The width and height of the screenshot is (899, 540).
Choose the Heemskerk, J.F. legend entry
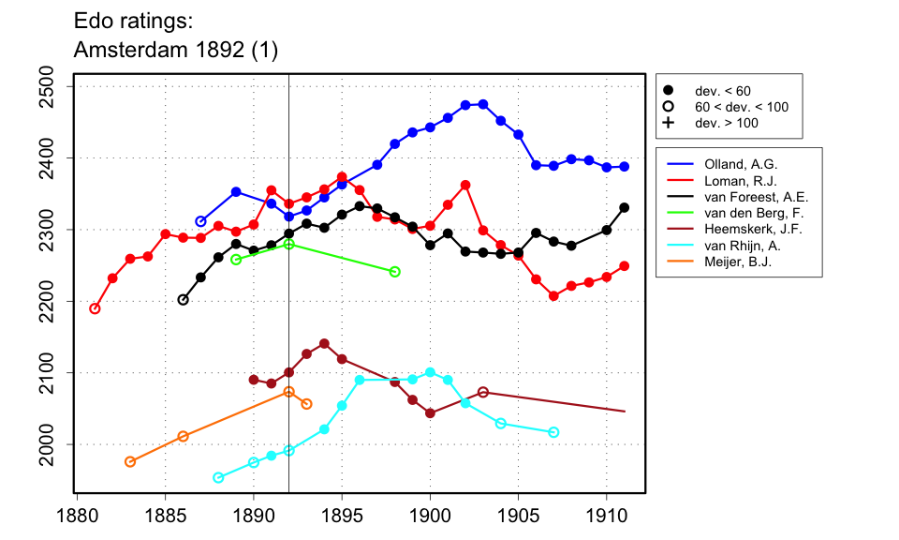point(745,230)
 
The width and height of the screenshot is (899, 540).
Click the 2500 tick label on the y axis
point(52,86)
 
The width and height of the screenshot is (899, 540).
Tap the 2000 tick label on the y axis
point(52,444)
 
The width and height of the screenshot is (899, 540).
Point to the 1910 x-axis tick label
point(606,516)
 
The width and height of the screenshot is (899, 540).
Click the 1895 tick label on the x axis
point(342,516)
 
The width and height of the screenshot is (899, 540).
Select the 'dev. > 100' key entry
point(727,123)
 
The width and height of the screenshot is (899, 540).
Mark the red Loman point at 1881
point(95,308)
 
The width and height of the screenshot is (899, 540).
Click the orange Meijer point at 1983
point(130,461)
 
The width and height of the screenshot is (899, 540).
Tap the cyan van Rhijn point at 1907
point(553,432)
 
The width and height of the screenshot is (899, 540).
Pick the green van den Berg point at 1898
point(394,272)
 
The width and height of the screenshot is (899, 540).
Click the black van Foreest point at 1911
point(625,207)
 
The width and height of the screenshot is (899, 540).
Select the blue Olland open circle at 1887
point(200,221)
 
